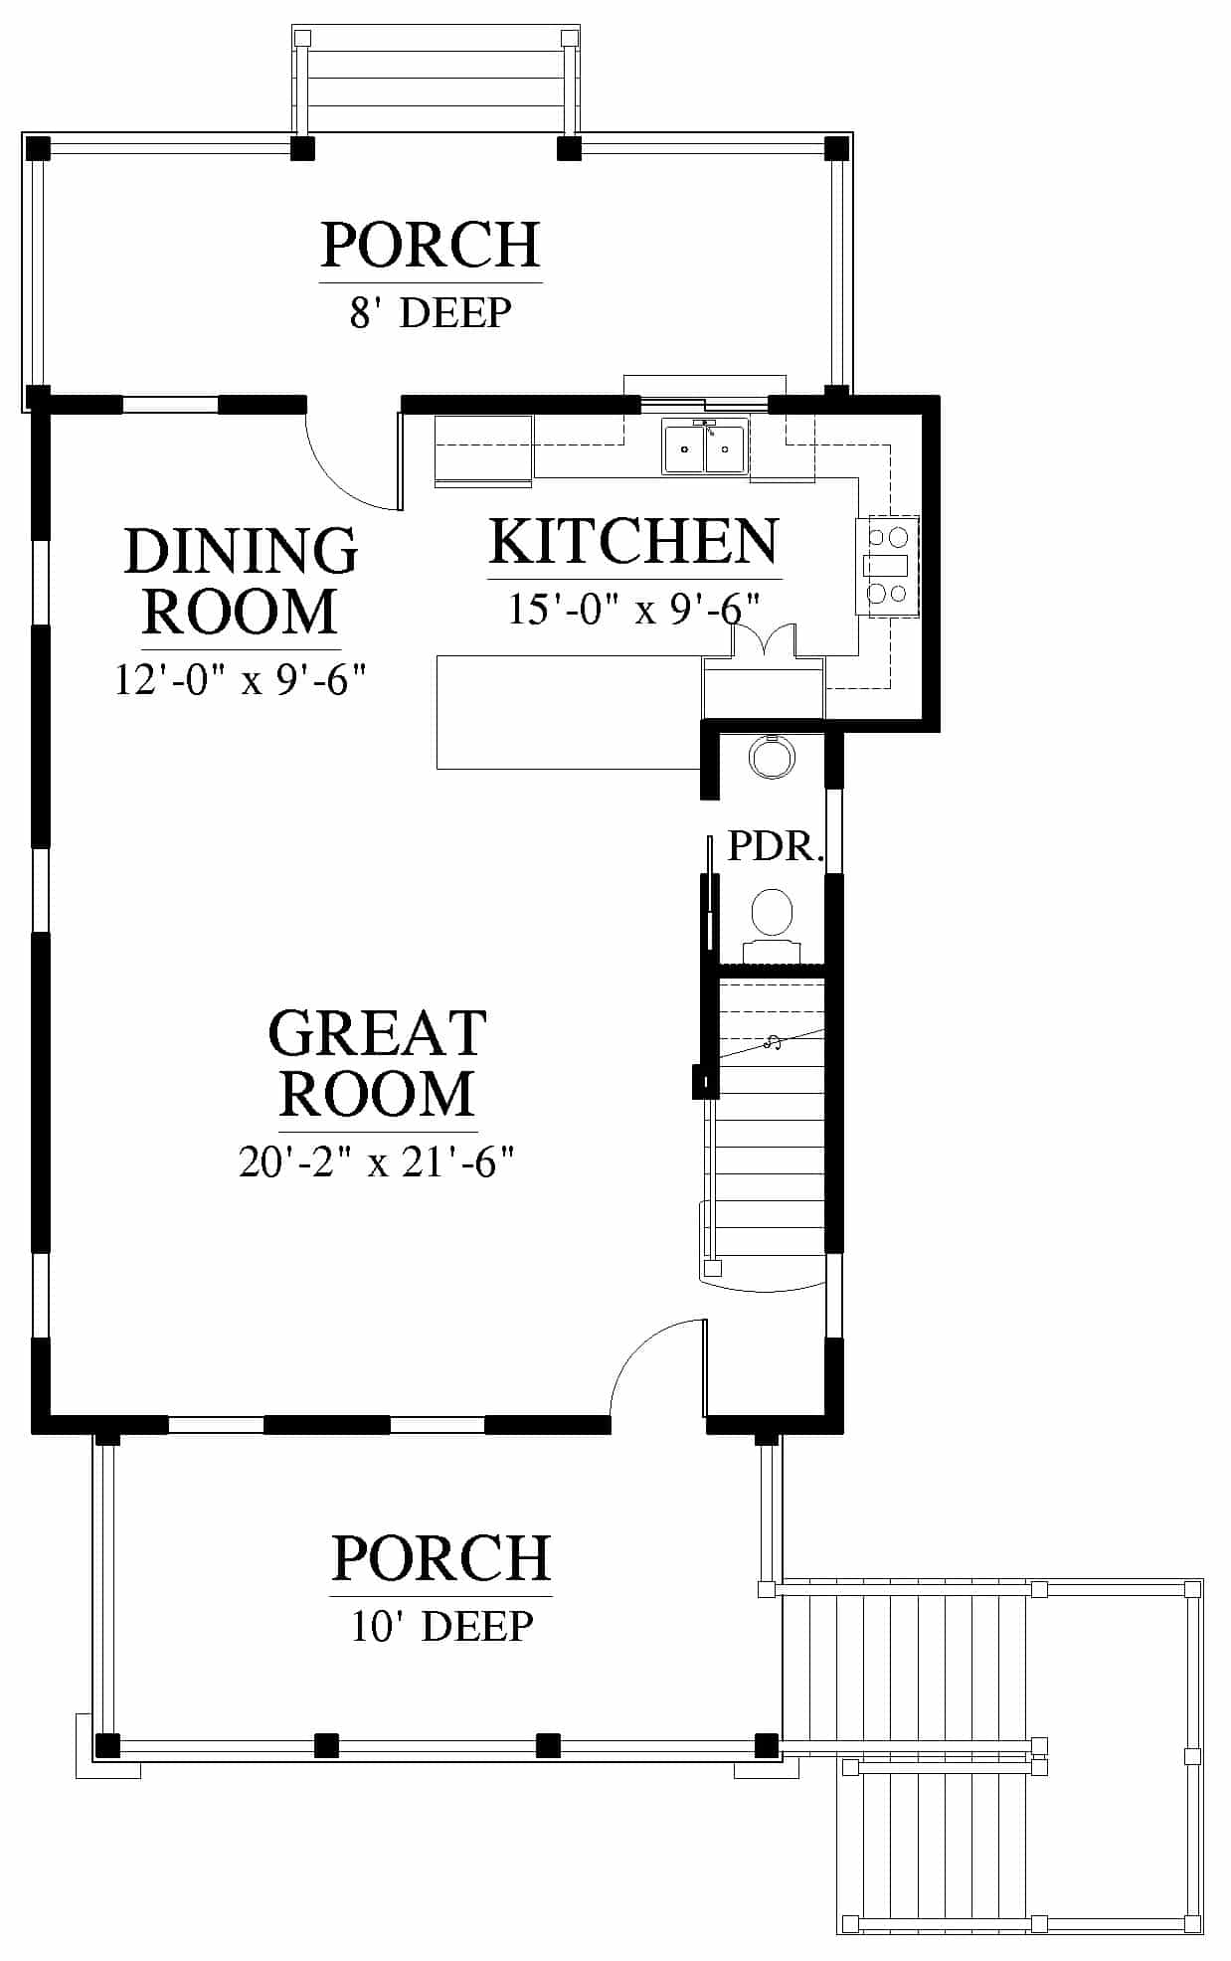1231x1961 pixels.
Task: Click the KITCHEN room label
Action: (x=633, y=542)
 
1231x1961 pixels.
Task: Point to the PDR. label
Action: (x=776, y=845)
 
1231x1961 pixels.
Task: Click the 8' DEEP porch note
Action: (x=431, y=312)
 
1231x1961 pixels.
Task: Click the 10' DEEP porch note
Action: (x=442, y=1626)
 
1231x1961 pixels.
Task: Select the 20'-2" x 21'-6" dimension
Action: (x=377, y=1160)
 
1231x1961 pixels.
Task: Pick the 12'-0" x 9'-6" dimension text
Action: (x=241, y=680)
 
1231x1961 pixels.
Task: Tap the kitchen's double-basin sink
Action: (x=706, y=446)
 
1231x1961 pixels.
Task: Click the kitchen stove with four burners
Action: (x=887, y=565)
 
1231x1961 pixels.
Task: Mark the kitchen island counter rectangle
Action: (x=570, y=711)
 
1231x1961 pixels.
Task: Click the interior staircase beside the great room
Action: (x=765, y=1134)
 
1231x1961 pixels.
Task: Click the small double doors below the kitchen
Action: (x=764, y=641)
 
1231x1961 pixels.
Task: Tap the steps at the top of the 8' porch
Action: (x=436, y=79)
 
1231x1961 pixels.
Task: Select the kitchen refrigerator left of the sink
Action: (x=484, y=450)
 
